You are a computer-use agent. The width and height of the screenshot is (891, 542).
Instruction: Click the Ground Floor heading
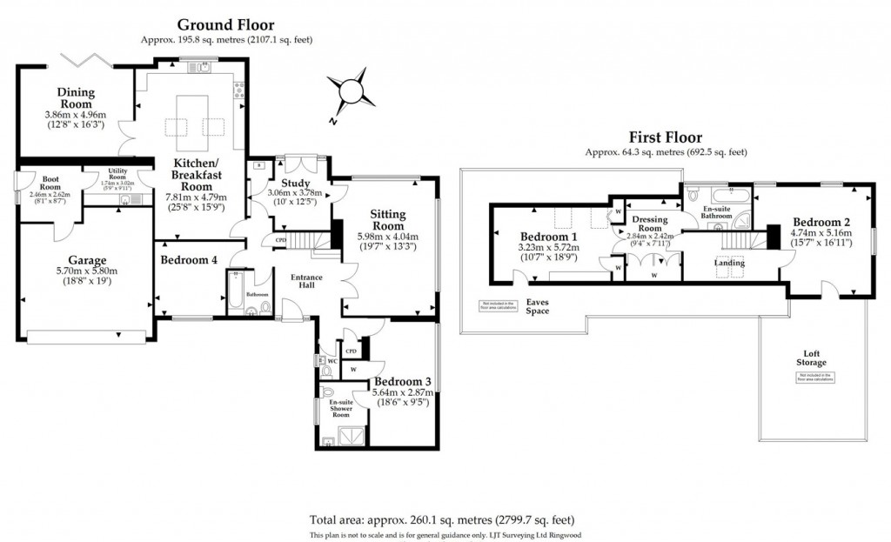tap(226, 25)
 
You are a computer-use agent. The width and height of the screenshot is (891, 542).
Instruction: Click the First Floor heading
tap(666, 137)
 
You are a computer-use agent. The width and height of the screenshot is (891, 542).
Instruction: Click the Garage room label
tap(87, 259)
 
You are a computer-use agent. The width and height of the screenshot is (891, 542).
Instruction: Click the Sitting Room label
tap(387, 220)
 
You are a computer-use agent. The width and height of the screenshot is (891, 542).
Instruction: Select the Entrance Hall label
tap(306, 281)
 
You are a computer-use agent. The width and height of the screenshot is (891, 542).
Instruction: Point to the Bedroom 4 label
tap(190, 260)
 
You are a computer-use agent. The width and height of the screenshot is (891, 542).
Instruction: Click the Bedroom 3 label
tap(402, 381)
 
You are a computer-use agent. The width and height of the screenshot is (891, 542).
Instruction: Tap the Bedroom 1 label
tap(548, 237)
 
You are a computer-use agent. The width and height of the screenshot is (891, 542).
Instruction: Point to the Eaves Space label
tap(538, 306)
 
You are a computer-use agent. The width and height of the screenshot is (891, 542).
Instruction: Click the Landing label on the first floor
tap(727, 261)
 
